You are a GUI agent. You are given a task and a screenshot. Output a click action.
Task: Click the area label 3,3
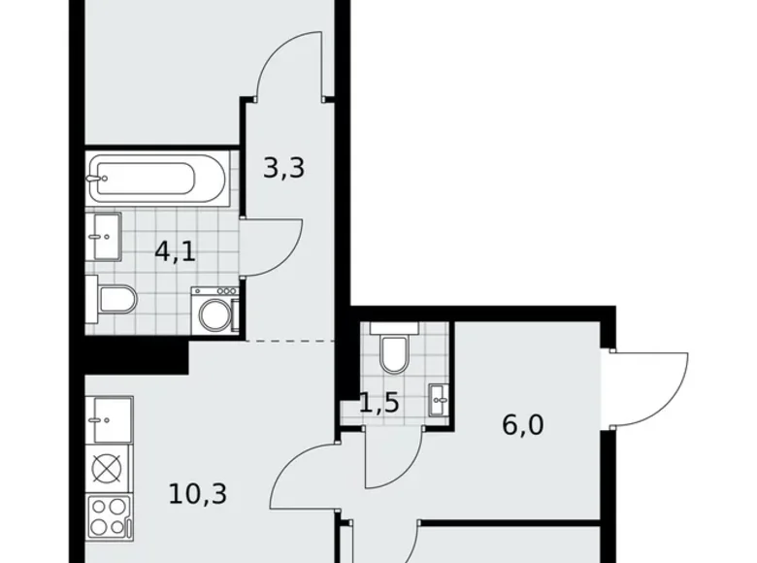[x=283, y=168]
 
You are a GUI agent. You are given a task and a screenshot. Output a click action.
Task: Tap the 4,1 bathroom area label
[x=176, y=252]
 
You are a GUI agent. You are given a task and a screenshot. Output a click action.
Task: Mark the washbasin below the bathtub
[x=104, y=236]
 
